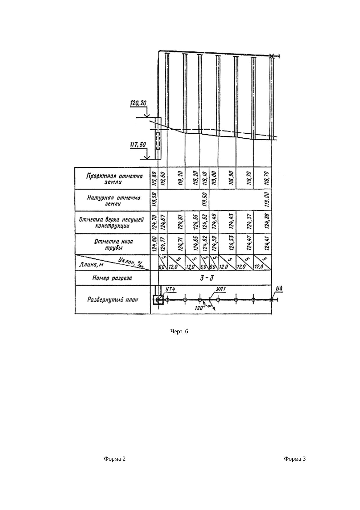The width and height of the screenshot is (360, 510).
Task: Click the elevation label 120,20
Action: (x=139, y=103)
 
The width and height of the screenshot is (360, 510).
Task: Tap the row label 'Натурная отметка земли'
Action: (x=114, y=201)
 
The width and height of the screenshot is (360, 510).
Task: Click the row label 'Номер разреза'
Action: (x=112, y=278)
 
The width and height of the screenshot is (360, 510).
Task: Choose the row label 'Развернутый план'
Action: (x=113, y=300)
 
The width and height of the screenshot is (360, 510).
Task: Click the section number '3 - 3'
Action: (x=207, y=278)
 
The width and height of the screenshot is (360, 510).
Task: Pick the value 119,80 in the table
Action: (x=154, y=178)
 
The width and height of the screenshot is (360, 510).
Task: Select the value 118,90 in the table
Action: (x=231, y=178)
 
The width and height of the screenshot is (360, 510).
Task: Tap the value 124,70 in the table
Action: (x=154, y=223)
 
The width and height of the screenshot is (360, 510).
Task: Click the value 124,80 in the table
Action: (x=154, y=244)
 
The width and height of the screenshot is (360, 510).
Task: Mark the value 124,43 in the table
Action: (x=231, y=223)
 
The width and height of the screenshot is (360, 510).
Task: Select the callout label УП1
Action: (x=221, y=289)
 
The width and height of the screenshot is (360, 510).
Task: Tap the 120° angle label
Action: (x=200, y=309)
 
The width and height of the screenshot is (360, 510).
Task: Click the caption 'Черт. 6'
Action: (x=179, y=331)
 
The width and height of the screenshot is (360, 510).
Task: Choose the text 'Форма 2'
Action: (x=115, y=459)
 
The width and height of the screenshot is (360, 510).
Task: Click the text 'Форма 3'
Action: (x=295, y=459)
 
